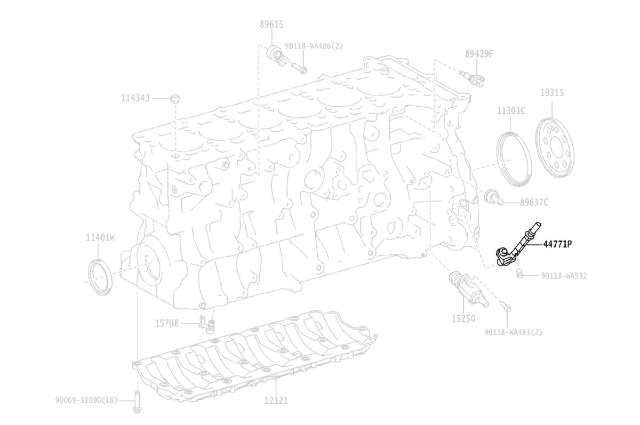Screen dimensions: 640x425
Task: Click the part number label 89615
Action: point(271,25)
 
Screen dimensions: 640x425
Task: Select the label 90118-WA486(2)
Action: point(314,46)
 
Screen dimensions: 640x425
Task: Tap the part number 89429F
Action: point(479,54)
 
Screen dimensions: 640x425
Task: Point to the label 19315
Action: point(551,93)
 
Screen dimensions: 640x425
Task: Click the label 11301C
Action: point(511,110)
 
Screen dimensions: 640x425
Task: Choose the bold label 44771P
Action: point(557,244)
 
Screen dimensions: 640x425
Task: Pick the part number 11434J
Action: point(135,98)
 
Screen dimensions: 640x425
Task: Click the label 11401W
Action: point(100,237)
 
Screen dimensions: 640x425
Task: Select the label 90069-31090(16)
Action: point(86,400)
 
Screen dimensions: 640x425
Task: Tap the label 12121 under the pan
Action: point(276,400)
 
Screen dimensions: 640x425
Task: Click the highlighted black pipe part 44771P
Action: point(517,246)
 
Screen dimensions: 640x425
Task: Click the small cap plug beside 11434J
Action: point(175,99)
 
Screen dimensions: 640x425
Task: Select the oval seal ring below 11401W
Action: point(100,277)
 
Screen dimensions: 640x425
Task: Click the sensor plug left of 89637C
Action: point(493,197)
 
